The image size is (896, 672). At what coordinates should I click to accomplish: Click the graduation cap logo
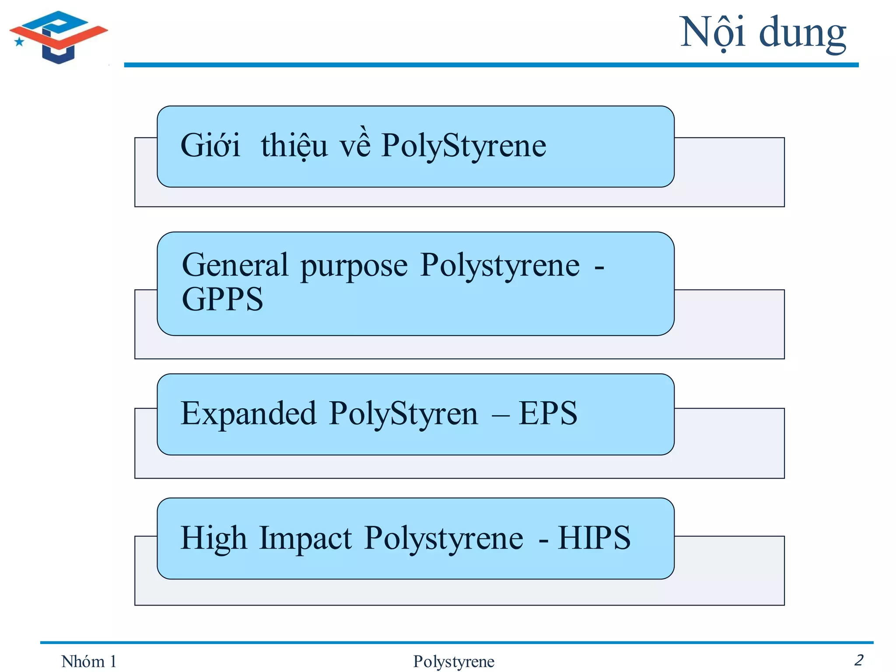pos(58,37)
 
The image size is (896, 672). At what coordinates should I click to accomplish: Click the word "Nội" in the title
pos(712,33)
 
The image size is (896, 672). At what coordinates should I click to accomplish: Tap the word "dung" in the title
pos(802,34)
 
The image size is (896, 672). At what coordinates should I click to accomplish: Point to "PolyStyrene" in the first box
pos(464,146)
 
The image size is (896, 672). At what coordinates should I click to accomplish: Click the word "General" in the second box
pos(235,265)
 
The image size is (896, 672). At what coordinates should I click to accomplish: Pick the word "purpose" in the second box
pos(354,266)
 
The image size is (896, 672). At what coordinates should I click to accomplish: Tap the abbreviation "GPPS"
pos(222,299)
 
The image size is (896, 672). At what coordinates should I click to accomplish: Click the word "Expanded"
pos(248,414)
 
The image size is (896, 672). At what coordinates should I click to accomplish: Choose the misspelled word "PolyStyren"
pos(403,414)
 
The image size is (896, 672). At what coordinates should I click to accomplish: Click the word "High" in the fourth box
pos(213,539)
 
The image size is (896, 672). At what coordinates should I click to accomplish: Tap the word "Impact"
pos(305,539)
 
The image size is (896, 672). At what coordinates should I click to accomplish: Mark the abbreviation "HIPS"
pos(594,538)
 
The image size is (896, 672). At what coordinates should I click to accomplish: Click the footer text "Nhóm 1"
pos(89,661)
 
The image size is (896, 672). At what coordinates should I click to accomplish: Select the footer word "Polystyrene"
pos(454,661)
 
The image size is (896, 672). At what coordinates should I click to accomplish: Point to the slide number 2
pos(858,660)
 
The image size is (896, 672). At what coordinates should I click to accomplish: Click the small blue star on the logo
pos(19,42)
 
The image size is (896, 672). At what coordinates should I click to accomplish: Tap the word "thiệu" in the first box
pos(294,145)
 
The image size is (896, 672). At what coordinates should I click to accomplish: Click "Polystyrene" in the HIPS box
pos(444,539)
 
